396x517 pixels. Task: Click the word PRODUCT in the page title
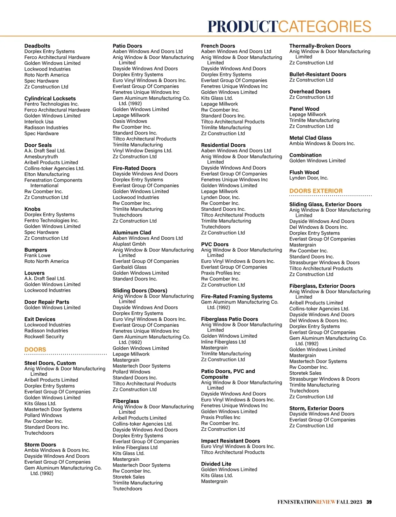tap(243, 27)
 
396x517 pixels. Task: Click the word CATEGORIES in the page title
tap(325, 27)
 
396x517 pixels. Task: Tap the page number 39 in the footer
tap(369, 502)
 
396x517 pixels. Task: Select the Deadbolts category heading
tap(37, 46)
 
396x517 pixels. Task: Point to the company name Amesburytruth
tap(41, 157)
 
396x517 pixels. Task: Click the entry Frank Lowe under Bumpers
tap(37, 255)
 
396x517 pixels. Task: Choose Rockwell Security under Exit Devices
tap(44, 336)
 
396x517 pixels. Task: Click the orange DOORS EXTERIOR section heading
tap(316, 191)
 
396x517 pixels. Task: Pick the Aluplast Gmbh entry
tap(129, 244)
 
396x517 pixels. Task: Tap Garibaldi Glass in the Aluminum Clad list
tap(130, 267)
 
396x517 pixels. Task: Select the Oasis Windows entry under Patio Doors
tap(130, 121)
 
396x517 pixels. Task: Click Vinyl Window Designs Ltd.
tap(142, 151)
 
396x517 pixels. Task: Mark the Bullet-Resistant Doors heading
tap(318, 74)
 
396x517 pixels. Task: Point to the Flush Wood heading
tap(304, 172)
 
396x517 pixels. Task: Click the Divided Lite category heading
tap(216, 464)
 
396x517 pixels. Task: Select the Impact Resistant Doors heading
tap(230, 441)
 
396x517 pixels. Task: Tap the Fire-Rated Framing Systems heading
tap(237, 297)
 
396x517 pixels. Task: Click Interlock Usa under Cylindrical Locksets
tap(39, 122)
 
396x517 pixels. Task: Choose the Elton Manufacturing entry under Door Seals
tap(47, 174)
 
